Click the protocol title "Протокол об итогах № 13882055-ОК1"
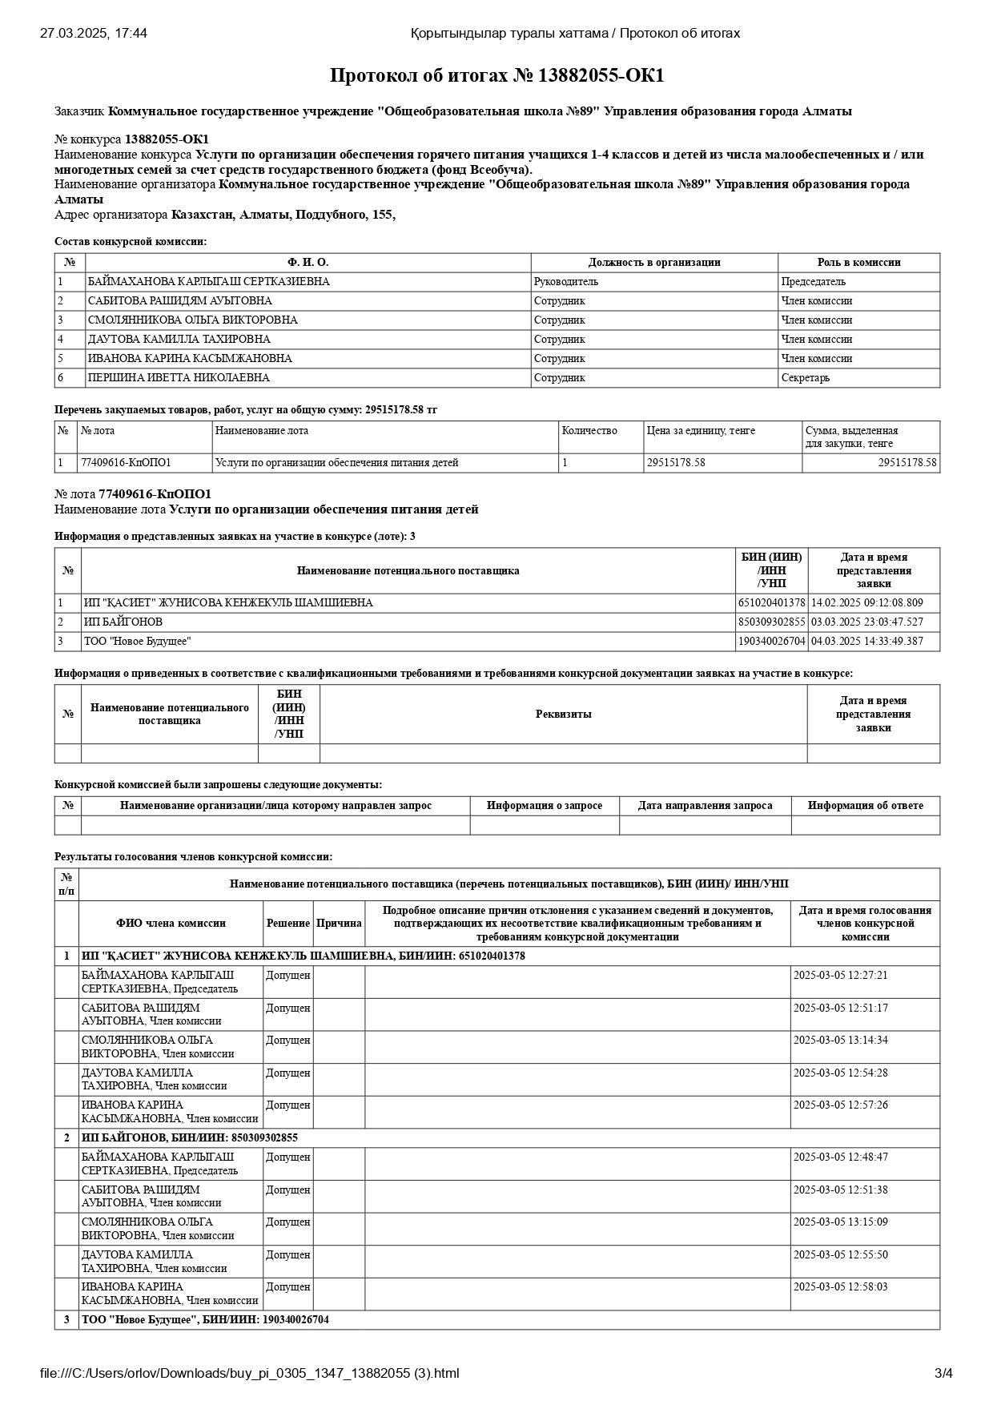click(496, 76)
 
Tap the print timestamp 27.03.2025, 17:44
click(94, 33)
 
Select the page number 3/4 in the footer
click(943, 1373)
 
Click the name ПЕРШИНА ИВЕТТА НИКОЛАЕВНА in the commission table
click(179, 377)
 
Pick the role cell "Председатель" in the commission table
click(813, 281)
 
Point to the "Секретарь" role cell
click(805, 377)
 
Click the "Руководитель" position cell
click(566, 281)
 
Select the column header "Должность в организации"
click(653, 262)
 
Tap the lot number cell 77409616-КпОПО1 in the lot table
click(126, 462)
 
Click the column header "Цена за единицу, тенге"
click(701, 430)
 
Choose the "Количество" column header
click(589, 430)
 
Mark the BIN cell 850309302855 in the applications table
click(771, 622)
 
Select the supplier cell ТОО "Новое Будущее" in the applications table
click(138, 641)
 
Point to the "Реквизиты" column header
click(563, 714)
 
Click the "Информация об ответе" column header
click(865, 805)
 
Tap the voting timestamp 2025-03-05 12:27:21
click(840, 975)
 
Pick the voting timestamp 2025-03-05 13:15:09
click(840, 1222)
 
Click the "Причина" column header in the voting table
click(339, 923)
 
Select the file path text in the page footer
click(250, 1373)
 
